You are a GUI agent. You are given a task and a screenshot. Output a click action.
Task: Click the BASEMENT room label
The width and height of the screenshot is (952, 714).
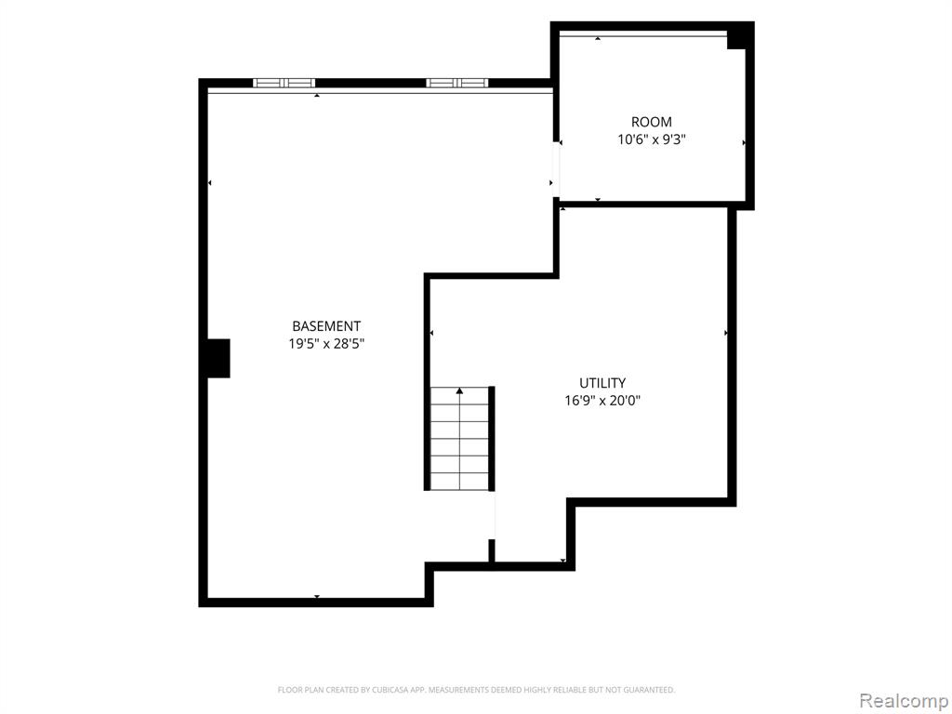326,326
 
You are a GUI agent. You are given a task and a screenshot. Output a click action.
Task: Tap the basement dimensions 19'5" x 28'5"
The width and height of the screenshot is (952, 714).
326,344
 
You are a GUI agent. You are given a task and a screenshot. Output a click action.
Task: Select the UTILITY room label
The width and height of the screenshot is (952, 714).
602,383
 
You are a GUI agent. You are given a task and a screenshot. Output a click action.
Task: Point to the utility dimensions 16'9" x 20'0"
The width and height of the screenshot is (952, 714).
602,401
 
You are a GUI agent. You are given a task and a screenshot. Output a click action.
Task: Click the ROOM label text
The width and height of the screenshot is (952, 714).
652,122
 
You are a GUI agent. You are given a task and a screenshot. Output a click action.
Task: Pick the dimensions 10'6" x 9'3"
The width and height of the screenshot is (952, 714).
652,139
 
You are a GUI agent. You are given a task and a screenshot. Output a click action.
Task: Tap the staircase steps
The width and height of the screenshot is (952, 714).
459,439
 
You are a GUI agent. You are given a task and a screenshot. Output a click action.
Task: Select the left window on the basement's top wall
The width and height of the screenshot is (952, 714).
284,83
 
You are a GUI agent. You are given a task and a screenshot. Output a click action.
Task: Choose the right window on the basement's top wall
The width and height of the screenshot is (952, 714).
457,83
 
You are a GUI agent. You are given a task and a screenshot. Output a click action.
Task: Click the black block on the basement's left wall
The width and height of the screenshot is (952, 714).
218,358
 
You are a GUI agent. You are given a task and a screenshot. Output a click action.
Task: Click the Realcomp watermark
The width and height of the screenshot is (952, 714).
904,700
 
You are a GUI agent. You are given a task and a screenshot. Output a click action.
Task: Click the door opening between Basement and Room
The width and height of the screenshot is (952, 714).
556,169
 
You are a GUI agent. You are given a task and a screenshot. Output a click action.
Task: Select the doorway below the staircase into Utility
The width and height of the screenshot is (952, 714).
492,515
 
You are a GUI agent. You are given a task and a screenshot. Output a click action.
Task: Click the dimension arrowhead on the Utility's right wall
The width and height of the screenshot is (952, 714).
725,333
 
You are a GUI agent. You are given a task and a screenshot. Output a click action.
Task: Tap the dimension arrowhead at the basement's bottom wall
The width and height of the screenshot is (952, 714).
317,597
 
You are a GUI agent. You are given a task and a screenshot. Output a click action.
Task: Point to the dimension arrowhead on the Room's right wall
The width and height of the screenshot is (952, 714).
744,142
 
